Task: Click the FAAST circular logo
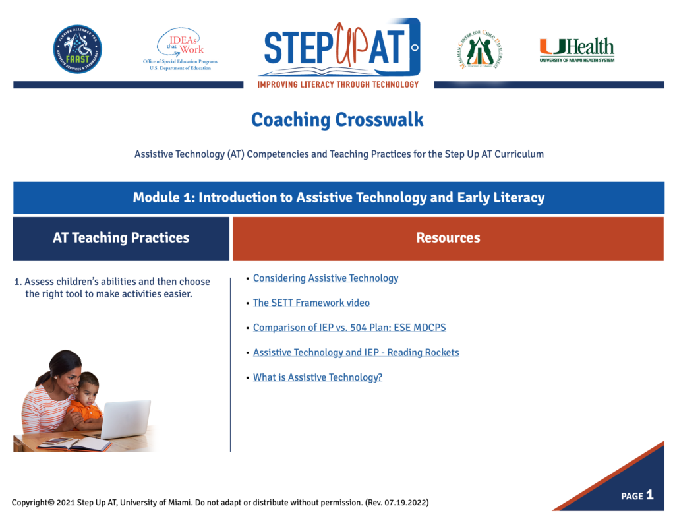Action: click(77, 49)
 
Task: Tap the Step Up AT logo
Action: click(338, 47)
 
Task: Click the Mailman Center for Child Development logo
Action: click(479, 50)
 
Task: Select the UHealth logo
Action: click(576, 50)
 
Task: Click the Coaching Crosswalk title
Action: click(337, 120)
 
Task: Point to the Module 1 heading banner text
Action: click(338, 198)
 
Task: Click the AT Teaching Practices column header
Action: click(121, 238)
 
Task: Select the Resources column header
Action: click(448, 238)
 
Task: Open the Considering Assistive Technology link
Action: click(326, 278)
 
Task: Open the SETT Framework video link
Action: click(311, 303)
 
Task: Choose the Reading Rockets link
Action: click(356, 353)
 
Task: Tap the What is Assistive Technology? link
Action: click(318, 378)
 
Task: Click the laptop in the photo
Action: click(126, 419)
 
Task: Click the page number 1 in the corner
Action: click(649, 495)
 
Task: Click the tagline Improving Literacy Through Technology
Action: click(338, 84)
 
